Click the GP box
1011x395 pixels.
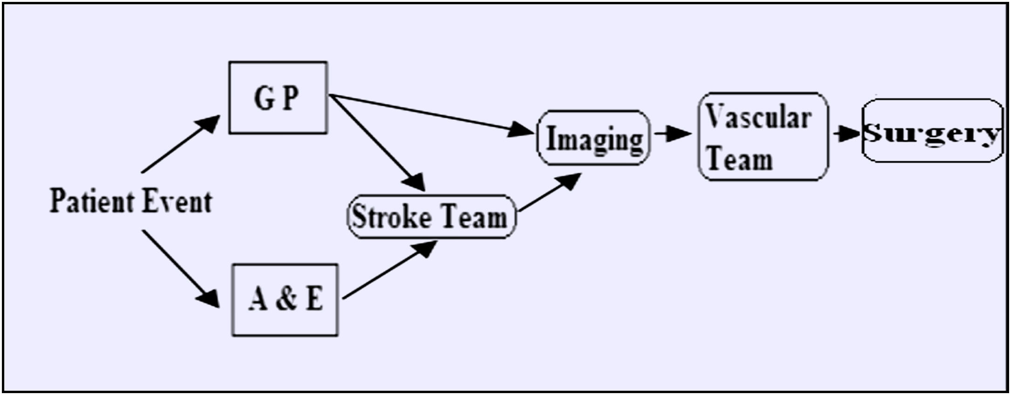(x=278, y=98)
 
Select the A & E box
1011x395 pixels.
(x=285, y=300)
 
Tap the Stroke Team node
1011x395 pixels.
(x=431, y=217)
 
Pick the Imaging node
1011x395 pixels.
(x=594, y=138)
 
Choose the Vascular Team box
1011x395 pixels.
(x=762, y=136)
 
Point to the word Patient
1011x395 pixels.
(x=88, y=202)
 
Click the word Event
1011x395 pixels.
(x=177, y=202)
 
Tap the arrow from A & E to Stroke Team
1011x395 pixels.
(x=389, y=271)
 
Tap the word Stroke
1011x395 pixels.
(x=392, y=217)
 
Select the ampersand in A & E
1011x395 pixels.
(x=285, y=299)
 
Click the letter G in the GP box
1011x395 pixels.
(x=264, y=98)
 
